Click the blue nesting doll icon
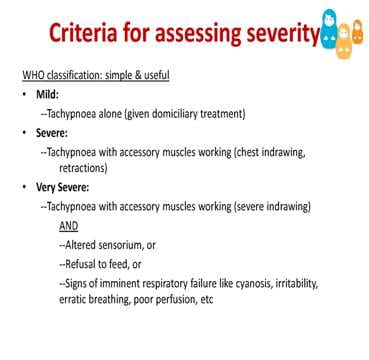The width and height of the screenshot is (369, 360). point(329,29)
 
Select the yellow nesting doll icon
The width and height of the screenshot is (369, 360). point(344,41)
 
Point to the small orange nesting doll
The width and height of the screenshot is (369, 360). point(357,32)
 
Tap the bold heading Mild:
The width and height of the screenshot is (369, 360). point(47,95)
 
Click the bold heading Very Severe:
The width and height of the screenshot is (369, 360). point(63,188)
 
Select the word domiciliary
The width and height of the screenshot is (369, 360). point(175,114)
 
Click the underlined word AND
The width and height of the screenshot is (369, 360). point(69,226)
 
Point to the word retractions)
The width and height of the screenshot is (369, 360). point(83,168)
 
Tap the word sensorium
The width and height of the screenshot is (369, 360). point(118,245)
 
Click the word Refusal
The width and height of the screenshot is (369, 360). point(80,264)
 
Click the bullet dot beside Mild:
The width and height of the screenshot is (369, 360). point(24,95)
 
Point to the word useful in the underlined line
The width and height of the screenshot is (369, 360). point(156,76)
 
